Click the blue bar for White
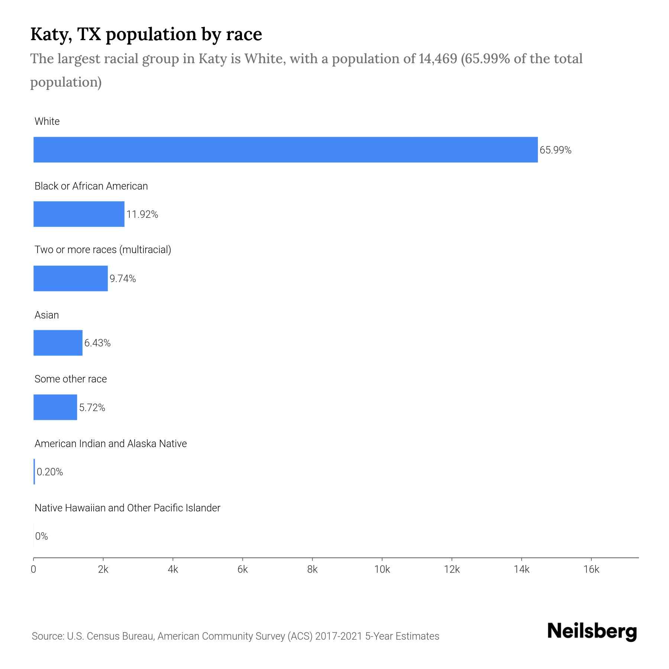(285, 150)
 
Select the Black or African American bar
(79, 214)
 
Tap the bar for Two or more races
(71, 278)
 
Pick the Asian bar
(58, 343)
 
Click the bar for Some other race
(55, 407)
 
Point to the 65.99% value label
(555, 150)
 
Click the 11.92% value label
(142, 214)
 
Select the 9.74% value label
(123, 279)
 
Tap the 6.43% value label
(97, 343)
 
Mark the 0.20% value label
(50, 472)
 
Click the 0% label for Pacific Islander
(42, 536)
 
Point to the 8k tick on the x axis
(312, 570)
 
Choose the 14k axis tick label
(521, 570)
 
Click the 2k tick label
(103, 570)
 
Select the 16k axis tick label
(591, 570)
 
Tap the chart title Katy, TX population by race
(146, 34)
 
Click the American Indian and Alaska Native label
(110, 444)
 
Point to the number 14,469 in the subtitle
(437, 59)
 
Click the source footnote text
(235, 636)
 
